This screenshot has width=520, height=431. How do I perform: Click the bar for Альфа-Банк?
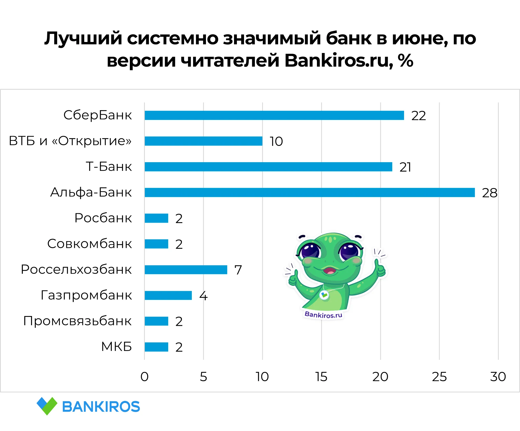[310, 192]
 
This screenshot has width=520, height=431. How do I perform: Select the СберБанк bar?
[274, 115]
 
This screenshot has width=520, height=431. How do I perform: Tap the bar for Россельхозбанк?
[186, 270]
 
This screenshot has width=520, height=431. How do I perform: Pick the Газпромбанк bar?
[168, 295]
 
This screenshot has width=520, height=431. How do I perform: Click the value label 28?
[490, 193]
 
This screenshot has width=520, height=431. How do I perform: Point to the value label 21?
[405, 167]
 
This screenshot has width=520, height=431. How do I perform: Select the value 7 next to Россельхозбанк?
[238, 270]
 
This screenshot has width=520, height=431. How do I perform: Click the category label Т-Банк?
[109, 167]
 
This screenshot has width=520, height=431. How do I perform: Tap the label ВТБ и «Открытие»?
[70, 141]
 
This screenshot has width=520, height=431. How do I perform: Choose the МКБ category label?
[116, 347]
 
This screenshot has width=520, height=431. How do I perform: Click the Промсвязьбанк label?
[77, 321]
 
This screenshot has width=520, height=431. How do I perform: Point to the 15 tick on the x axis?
[321, 377]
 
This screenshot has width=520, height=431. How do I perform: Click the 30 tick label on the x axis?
[498, 377]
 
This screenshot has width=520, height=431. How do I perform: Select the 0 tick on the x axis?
[144, 377]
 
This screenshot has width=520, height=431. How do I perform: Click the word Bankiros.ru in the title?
[339, 61]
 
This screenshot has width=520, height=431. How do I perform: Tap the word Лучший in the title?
[83, 39]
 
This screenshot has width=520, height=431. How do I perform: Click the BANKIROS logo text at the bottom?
[101, 407]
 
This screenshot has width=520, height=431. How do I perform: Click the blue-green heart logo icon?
[47, 406]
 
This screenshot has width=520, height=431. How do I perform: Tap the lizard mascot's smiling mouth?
[330, 270]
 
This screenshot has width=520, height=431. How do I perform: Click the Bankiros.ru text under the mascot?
[323, 315]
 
